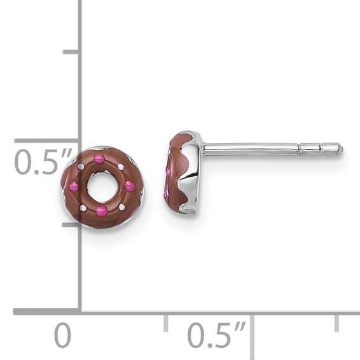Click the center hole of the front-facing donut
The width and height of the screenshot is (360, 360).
pos(102,186)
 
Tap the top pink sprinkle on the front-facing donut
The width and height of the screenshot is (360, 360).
pos(99,159)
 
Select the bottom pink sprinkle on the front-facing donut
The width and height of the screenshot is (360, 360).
pos(101,211)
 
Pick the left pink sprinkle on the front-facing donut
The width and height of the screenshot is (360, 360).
pos(74,187)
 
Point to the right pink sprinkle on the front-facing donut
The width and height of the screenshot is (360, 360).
pos(129,186)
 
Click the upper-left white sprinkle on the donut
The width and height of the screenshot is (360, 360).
pos(80,167)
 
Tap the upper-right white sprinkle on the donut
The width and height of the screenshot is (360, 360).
pos(121,167)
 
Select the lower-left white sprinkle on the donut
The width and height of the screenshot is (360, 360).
pos(82,207)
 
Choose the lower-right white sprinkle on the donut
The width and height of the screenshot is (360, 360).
pos(121,207)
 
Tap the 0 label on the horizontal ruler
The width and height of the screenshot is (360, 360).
pos(62,335)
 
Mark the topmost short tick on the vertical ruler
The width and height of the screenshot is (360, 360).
pos(71,52)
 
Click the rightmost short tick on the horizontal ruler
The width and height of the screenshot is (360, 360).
pos(337,322)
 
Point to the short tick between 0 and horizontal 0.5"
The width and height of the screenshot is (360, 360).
pos(166,322)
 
